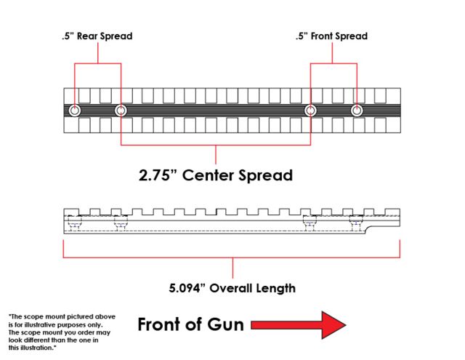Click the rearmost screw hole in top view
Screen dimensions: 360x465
[x=75, y=111]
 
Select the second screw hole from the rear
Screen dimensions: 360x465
[x=121, y=111]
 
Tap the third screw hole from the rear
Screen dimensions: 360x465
[x=311, y=111]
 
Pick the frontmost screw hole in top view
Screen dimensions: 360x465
[x=357, y=111]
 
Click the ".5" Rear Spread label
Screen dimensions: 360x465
[x=98, y=36]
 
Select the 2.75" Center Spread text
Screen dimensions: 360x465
[x=216, y=175]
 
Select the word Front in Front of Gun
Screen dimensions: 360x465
[x=161, y=324]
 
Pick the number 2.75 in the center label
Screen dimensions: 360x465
[x=159, y=175]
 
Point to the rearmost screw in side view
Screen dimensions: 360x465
[x=73, y=223]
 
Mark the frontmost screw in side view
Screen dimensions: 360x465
[x=356, y=223]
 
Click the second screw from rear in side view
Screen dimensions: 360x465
[x=120, y=223]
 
